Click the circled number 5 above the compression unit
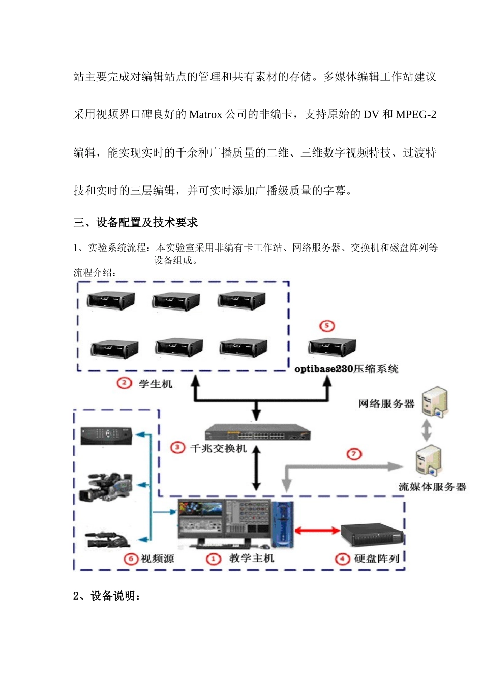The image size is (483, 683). (x=327, y=326)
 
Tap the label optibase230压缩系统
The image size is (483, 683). (x=346, y=369)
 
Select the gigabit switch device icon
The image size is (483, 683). (x=257, y=432)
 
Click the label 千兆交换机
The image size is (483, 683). (x=218, y=448)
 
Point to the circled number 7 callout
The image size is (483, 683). (x=354, y=454)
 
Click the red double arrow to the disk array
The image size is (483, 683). (x=317, y=531)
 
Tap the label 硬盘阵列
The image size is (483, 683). (x=376, y=559)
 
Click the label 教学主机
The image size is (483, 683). (x=251, y=558)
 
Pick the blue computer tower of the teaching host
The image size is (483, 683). (x=283, y=523)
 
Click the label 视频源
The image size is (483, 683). (x=157, y=559)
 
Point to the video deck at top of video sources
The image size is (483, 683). (x=107, y=436)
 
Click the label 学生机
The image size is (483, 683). (x=156, y=384)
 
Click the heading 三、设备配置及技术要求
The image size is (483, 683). (x=135, y=222)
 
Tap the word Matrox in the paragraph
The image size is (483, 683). (x=205, y=115)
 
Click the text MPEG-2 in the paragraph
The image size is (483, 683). (x=415, y=115)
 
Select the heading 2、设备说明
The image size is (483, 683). (x=107, y=596)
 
